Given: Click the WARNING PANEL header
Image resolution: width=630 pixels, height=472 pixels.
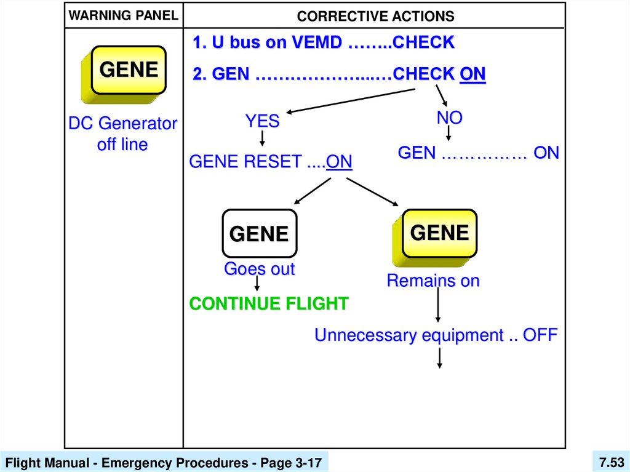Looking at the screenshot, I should click(122, 15).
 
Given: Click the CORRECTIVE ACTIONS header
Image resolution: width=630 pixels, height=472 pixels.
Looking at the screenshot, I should click(375, 16).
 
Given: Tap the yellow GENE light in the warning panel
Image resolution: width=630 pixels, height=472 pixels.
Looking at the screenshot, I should click(129, 70).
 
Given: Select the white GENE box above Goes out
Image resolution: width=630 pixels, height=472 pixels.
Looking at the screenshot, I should click(259, 233).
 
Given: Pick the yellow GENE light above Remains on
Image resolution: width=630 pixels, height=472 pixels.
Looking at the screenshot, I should click(439, 233).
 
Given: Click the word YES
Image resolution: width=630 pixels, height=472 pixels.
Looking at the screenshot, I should click(263, 121).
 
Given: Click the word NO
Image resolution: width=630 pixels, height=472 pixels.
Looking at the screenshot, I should click(449, 118).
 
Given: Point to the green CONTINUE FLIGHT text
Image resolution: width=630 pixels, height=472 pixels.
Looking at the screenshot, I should click(269, 303).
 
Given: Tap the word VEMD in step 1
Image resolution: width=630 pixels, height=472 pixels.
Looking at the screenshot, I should click(319, 43).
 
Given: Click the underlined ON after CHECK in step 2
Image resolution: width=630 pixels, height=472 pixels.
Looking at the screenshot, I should click(472, 74).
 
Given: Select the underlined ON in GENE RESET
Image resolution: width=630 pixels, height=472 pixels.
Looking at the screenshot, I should click(339, 162).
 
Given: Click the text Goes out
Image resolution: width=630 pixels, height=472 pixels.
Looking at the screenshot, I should click(259, 269).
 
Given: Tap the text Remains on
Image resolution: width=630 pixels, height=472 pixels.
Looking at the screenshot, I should click(433, 281).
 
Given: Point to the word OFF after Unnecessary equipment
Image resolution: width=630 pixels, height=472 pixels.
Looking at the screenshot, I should click(540, 335).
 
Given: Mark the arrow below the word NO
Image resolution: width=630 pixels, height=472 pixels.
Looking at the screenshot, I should click(449, 134).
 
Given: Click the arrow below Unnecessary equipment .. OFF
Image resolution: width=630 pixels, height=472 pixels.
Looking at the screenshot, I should click(440, 358).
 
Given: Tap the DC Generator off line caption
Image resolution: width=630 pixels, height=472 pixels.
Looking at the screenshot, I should click(122, 134).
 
